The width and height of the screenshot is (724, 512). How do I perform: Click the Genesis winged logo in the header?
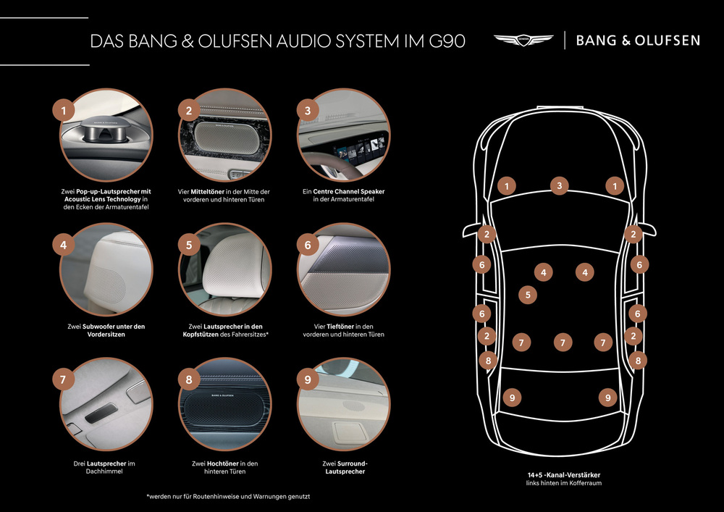click(x=523, y=40)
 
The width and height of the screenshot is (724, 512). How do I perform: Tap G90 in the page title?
click(x=447, y=41)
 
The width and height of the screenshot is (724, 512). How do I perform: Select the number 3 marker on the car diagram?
click(x=559, y=185)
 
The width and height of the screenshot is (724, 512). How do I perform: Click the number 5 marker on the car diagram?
click(x=528, y=295)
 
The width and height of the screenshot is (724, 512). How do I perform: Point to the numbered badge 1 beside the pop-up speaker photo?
click(x=64, y=110)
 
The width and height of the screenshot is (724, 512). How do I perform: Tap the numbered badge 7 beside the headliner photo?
click(x=63, y=379)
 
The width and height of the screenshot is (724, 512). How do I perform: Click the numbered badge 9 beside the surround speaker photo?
click(x=308, y=379)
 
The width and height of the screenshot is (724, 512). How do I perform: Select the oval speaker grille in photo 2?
click(x=224, y=138)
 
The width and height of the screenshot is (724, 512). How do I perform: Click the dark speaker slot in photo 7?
click(x=101, y=412)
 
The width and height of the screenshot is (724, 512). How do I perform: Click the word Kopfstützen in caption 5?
click(x=201, y=335)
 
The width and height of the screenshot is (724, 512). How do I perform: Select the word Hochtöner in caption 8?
click(x=222, y=463)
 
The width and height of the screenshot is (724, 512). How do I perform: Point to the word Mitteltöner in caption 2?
click(x=207, y=192)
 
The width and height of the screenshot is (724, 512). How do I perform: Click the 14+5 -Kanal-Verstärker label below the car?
click(x=564, y=474)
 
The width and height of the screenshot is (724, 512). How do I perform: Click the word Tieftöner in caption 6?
click(x=340, y=327)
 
